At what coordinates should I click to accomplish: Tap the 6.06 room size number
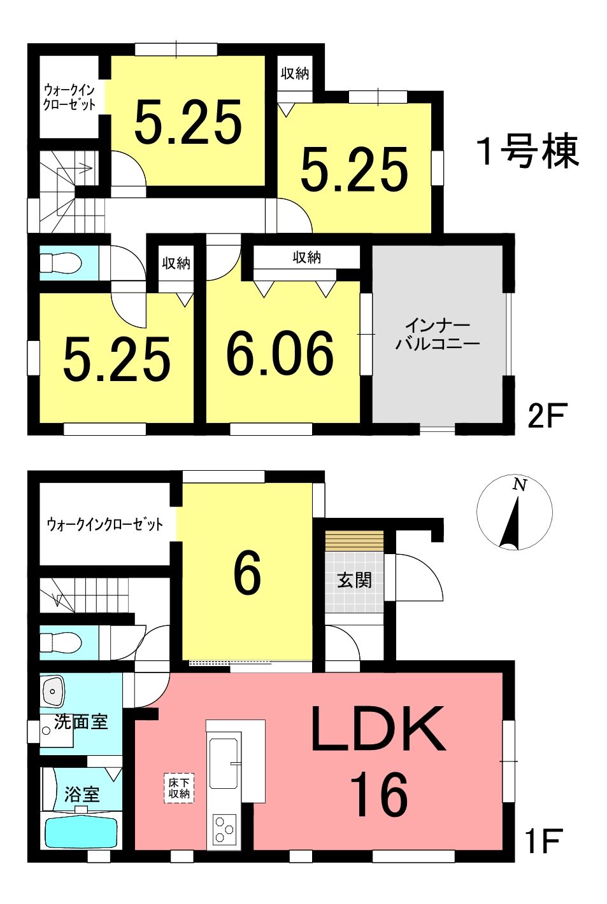point(280,353)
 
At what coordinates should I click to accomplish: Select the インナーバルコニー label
point(438,335)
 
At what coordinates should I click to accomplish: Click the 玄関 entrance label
point(354,581)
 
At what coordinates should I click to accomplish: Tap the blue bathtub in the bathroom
point(82,831)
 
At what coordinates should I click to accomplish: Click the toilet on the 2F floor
point(61,263)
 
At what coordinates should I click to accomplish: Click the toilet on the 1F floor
point(61,642)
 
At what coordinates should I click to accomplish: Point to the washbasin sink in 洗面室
point(52,690)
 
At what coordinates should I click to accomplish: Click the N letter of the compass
point(520,485)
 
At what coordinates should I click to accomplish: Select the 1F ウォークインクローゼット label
point(104,525)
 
